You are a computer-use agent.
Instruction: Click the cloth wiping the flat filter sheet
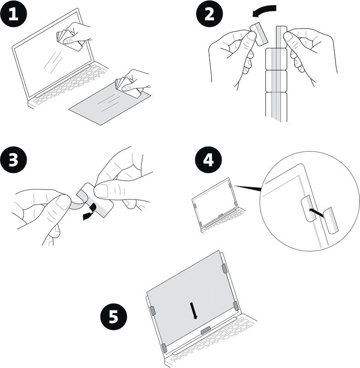(127, 86)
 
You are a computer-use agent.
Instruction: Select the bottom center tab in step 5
(206, 329)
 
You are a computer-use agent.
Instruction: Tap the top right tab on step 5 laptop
(224, 269)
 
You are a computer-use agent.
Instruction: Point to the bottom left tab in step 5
(163, 347)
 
